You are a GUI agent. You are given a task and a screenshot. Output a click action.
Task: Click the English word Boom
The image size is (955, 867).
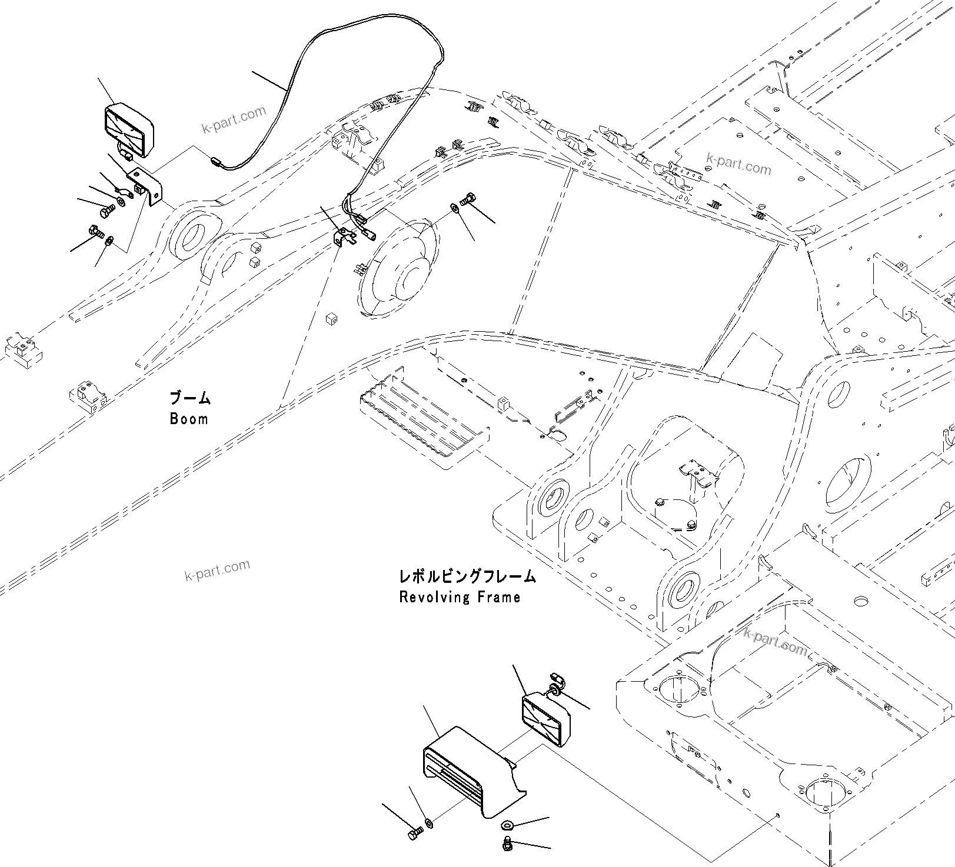pos(189,419)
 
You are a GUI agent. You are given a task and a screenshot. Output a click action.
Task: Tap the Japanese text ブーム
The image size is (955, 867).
pos(189,398)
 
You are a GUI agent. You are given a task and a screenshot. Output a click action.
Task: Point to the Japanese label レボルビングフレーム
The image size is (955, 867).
pos(467,576)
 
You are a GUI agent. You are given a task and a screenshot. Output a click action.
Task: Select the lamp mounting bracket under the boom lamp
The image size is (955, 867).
pos(147,185)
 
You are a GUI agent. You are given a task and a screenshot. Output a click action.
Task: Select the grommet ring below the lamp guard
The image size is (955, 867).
pos(507,826)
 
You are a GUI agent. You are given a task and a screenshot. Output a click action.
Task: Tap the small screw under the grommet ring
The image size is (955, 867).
pos(506,845)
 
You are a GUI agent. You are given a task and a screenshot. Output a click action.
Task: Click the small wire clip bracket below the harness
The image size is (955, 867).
pos(344,237)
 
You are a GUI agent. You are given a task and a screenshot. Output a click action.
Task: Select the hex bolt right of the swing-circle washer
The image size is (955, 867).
pos(469,199)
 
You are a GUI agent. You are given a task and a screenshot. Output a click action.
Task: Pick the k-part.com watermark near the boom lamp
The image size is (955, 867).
pos(234,120)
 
